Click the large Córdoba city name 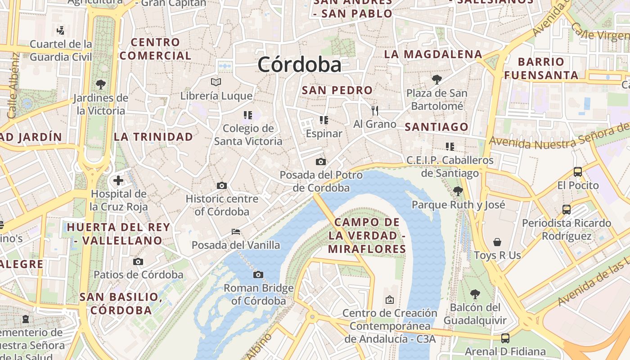point(300,65)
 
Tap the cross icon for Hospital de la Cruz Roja point(118,180)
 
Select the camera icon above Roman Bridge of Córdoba point(258,274)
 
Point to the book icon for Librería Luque point(216,82)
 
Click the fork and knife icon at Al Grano point(375,110)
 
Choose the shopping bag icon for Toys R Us point(497,242)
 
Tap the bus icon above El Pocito point(578,171)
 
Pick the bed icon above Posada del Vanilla point(235,232)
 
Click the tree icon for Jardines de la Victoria point(101,84)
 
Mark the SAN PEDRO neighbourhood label point(337,90)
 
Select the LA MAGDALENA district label point(433,54)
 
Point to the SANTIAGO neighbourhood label point(436,127)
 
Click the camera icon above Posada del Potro point(321,162)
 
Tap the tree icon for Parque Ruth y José point(458,191)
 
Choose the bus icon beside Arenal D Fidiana point(505,338)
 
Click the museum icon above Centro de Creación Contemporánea point(390,299)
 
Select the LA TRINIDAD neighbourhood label point(153,137)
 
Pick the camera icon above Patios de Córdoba point(138,261)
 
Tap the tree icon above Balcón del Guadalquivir point(475,295)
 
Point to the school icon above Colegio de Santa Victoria point(248,115)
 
